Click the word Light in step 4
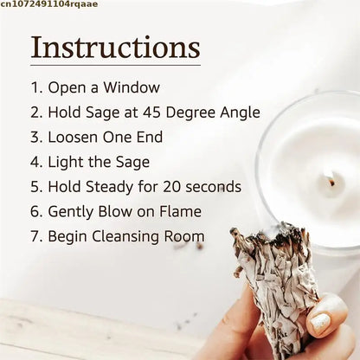pyautogui.click(x=64, y=161)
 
